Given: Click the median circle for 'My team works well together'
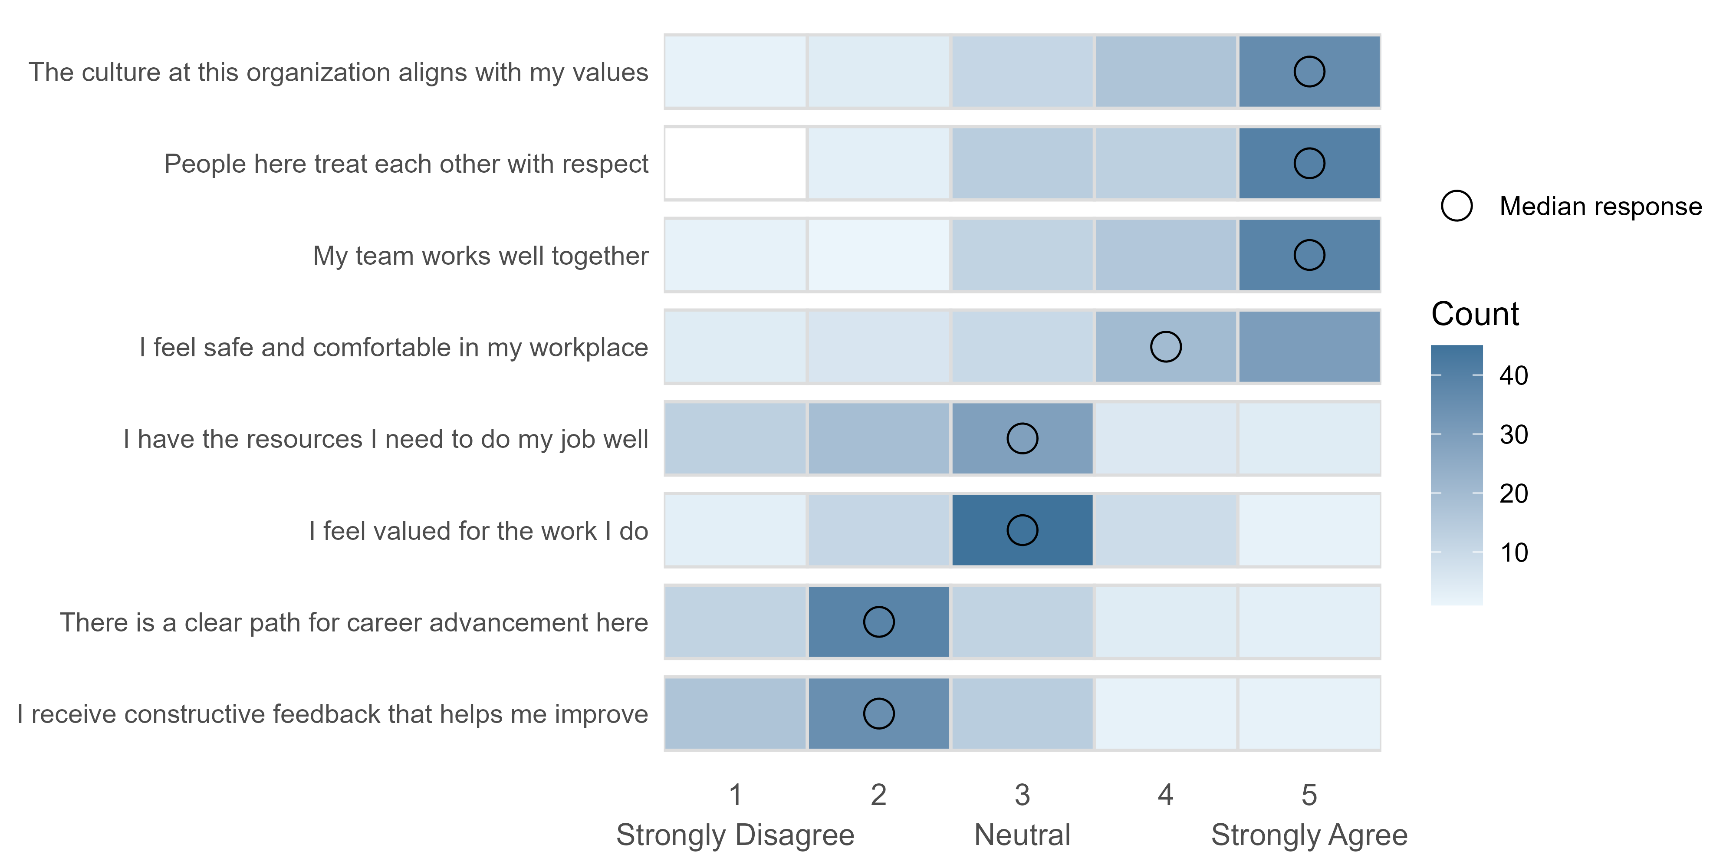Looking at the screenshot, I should [x=1309, y=256].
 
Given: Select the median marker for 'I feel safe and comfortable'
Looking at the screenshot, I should [x=1165, y=347].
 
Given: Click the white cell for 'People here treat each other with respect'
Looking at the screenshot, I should [x=735, y=164].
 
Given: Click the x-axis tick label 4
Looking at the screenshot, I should [x=1165, y=795].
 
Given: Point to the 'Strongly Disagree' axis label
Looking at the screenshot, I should [x=735, y=835].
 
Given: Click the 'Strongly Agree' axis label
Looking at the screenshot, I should [x=1309, y=835].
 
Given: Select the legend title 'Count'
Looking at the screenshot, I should [x=1475, y=314].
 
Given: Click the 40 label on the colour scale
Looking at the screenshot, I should [x=1513, y=375].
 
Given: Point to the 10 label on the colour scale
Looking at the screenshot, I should [x=1513, y=552].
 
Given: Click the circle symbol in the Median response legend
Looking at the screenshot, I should [x=1457, y=206].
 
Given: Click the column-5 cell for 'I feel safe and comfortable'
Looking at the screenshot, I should [x=1309, y=347].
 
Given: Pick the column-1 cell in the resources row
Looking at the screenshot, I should [x=735, y=439].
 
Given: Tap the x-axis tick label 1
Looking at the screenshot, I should [x=735, y=795].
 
